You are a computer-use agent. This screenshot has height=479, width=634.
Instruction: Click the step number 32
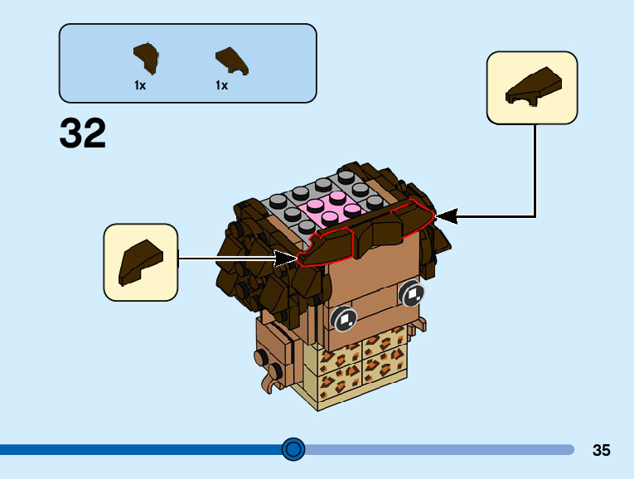point(83,133)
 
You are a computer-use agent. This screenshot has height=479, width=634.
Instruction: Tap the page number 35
point(602,450)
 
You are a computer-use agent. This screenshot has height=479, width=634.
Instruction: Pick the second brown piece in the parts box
point(233,60)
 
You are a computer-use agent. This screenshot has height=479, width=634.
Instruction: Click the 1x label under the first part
point(140,85)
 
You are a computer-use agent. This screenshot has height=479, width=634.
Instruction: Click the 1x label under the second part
point(221,85)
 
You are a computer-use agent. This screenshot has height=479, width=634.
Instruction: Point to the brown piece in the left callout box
point(140,261)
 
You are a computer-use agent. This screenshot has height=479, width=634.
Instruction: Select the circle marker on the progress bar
point(293,449)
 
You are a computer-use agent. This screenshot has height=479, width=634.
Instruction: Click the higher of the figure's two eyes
point(411,293)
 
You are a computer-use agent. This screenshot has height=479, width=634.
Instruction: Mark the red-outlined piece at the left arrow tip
point(327,248)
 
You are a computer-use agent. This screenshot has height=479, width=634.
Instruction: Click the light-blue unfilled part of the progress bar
point(439,449)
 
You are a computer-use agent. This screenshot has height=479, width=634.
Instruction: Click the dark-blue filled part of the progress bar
point(141,449)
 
